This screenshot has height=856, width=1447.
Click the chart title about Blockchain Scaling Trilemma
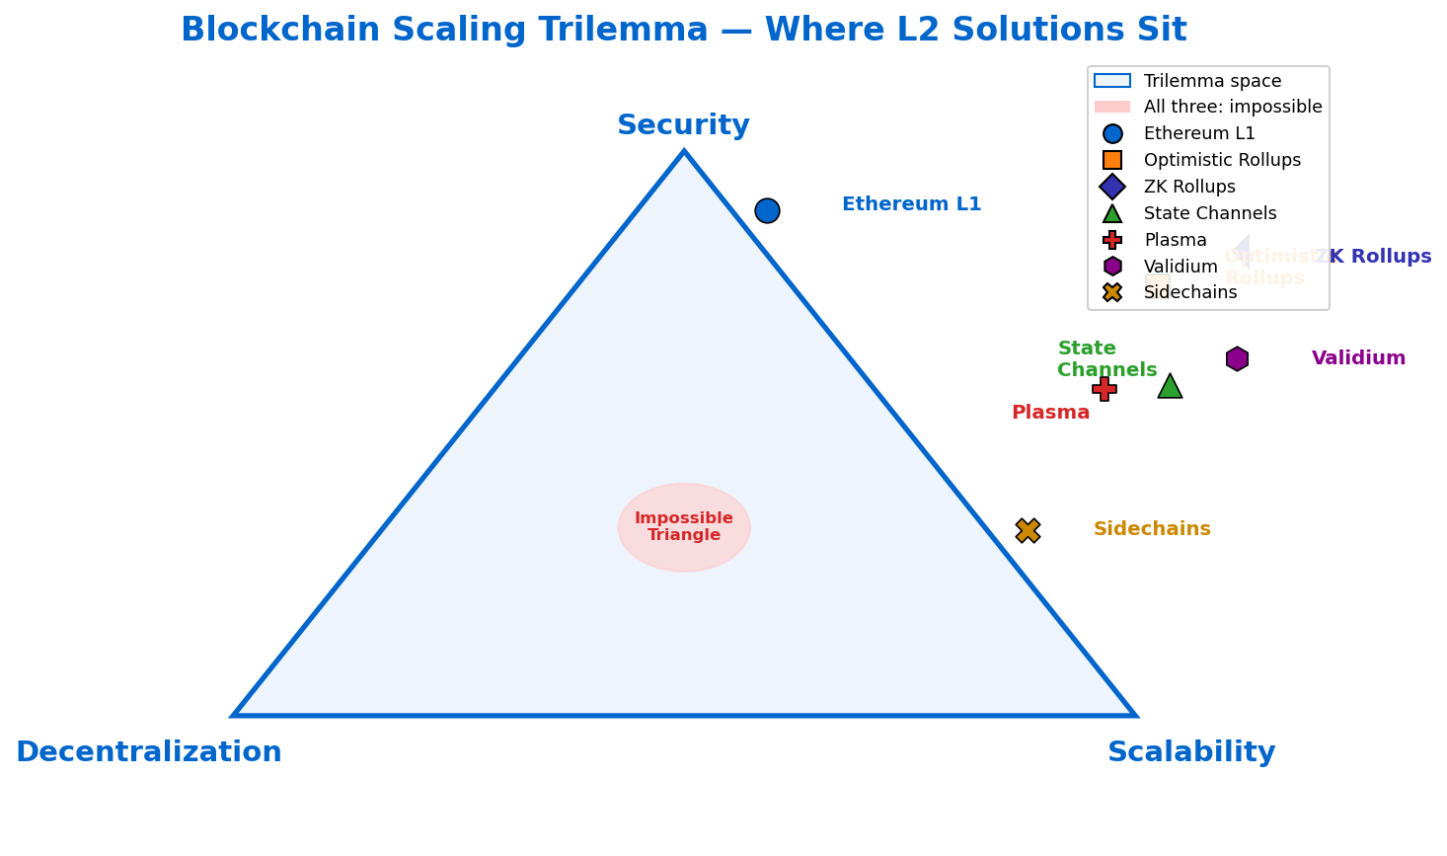coord(683,31)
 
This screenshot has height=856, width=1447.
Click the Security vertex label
coord(683,125)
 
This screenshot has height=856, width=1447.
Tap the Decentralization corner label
coord(149,752)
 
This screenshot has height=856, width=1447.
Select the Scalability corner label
coord(1191,752)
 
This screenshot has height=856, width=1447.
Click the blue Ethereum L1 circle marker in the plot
coord(767,210)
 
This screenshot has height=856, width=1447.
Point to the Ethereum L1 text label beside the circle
coord(911,204)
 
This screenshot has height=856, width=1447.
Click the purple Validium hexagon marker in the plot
coord(1237,358)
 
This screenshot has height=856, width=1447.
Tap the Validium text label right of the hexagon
coord(1358,358)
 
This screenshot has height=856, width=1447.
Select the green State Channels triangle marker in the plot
coord(1170,386)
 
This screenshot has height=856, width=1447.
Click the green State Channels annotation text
coord(1106,359)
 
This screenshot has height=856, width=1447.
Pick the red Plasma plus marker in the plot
coord(1104,389)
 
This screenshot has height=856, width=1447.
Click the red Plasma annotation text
coord(1050,413)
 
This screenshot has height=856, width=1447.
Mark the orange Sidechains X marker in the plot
coord(1028,530)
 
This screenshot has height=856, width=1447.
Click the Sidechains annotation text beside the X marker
coord(1152,529)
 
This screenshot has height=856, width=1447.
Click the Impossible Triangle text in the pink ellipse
coord(684,527)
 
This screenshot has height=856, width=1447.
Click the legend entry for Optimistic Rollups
coord(1222,160)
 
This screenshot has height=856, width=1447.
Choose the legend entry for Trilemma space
coord(1212,81)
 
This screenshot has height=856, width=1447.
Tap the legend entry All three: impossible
coord(1233,107)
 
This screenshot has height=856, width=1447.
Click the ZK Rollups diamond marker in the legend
coord(1112,187)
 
